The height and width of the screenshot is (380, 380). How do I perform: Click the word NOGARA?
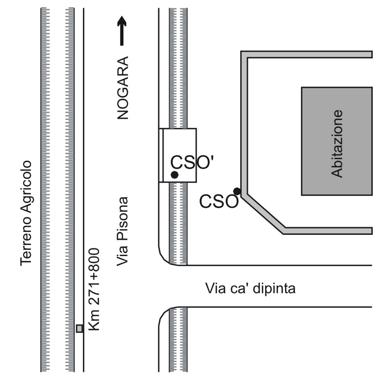(124, 88)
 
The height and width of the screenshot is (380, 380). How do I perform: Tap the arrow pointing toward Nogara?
(122, 31)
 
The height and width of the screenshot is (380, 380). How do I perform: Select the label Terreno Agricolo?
(26, 213)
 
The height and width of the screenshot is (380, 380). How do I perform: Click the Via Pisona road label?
(124, 231)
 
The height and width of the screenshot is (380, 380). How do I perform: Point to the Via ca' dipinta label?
(250, 289)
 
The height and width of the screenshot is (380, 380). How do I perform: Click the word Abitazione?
(337, 144)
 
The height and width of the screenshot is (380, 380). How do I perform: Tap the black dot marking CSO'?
(175, 175)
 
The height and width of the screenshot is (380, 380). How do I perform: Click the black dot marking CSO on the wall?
(237, 191)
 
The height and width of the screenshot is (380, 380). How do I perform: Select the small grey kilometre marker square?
(80, 328)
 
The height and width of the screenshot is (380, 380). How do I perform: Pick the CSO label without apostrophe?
(219, 202)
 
